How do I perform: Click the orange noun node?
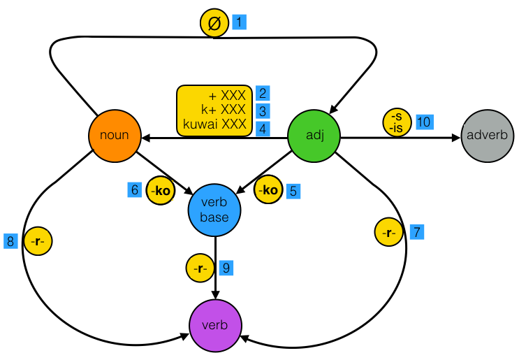point(115,136)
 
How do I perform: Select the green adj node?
point(314,136)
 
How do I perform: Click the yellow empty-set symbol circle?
point(215,23)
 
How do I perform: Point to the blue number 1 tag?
point(238,22)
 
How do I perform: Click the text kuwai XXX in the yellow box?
point(215,127)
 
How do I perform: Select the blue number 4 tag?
point(263,128)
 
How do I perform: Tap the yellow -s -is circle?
point(397,122)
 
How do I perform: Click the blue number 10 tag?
point(423,122)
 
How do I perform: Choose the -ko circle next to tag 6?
point(161,190)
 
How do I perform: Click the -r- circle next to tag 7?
point(389,232)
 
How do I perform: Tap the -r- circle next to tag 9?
point(200,268)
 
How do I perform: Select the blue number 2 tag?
point(263,93)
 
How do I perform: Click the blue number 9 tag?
point(225,267)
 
